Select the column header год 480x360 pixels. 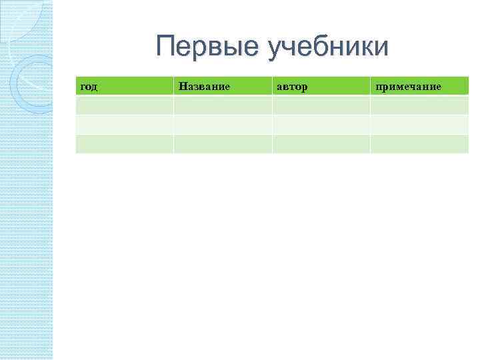[x=89, y=87]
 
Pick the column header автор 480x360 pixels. [x=293, y=87]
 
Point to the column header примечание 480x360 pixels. [x=408, y=87]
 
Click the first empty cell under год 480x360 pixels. [x=125, y=105]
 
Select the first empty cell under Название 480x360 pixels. [x=223, y=105]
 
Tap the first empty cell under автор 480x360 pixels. [x=321, y=105]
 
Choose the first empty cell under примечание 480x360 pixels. [x=419, y=105]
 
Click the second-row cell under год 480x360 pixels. [x=125, y=125]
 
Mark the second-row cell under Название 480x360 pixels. [x=223, y=125]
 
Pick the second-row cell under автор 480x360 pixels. [x=321, y=125]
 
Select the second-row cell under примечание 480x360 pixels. [x=419, y=125]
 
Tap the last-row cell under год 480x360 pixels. [x=125, y=144]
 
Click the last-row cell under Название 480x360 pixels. [x=223, y=144]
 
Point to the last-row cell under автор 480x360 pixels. [x=321, y=144]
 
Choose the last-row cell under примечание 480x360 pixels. [x=419, y=144]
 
